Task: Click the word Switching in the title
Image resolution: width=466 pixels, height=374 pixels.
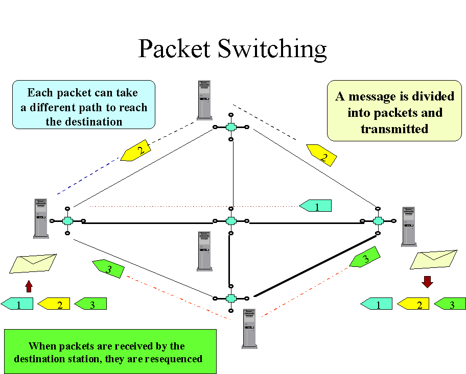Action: [272, 49]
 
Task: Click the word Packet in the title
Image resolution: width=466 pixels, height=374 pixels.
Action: [174, 49]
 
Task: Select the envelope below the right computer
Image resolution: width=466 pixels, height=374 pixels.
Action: [433, 260]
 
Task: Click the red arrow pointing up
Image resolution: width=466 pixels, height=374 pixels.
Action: [29, 285]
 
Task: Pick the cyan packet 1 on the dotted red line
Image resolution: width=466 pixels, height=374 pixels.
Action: [316, 206]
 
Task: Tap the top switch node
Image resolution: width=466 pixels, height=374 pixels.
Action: [231, 127]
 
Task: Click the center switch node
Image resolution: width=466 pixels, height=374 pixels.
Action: [231, 221]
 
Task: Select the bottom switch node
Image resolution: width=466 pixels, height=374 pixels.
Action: [231, 298]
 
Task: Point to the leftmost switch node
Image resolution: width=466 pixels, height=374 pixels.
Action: [67, 221]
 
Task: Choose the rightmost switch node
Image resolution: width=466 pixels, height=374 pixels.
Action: [378, 220]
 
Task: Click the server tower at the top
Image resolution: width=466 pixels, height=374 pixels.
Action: [205, 99]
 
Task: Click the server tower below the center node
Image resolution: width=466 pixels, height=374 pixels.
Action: [204, 251]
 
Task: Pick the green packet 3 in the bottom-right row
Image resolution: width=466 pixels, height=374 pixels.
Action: [450, 305]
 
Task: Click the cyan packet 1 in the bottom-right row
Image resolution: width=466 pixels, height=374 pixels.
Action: [377, 305]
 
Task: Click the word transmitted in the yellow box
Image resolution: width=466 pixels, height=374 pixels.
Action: [394, 129]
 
